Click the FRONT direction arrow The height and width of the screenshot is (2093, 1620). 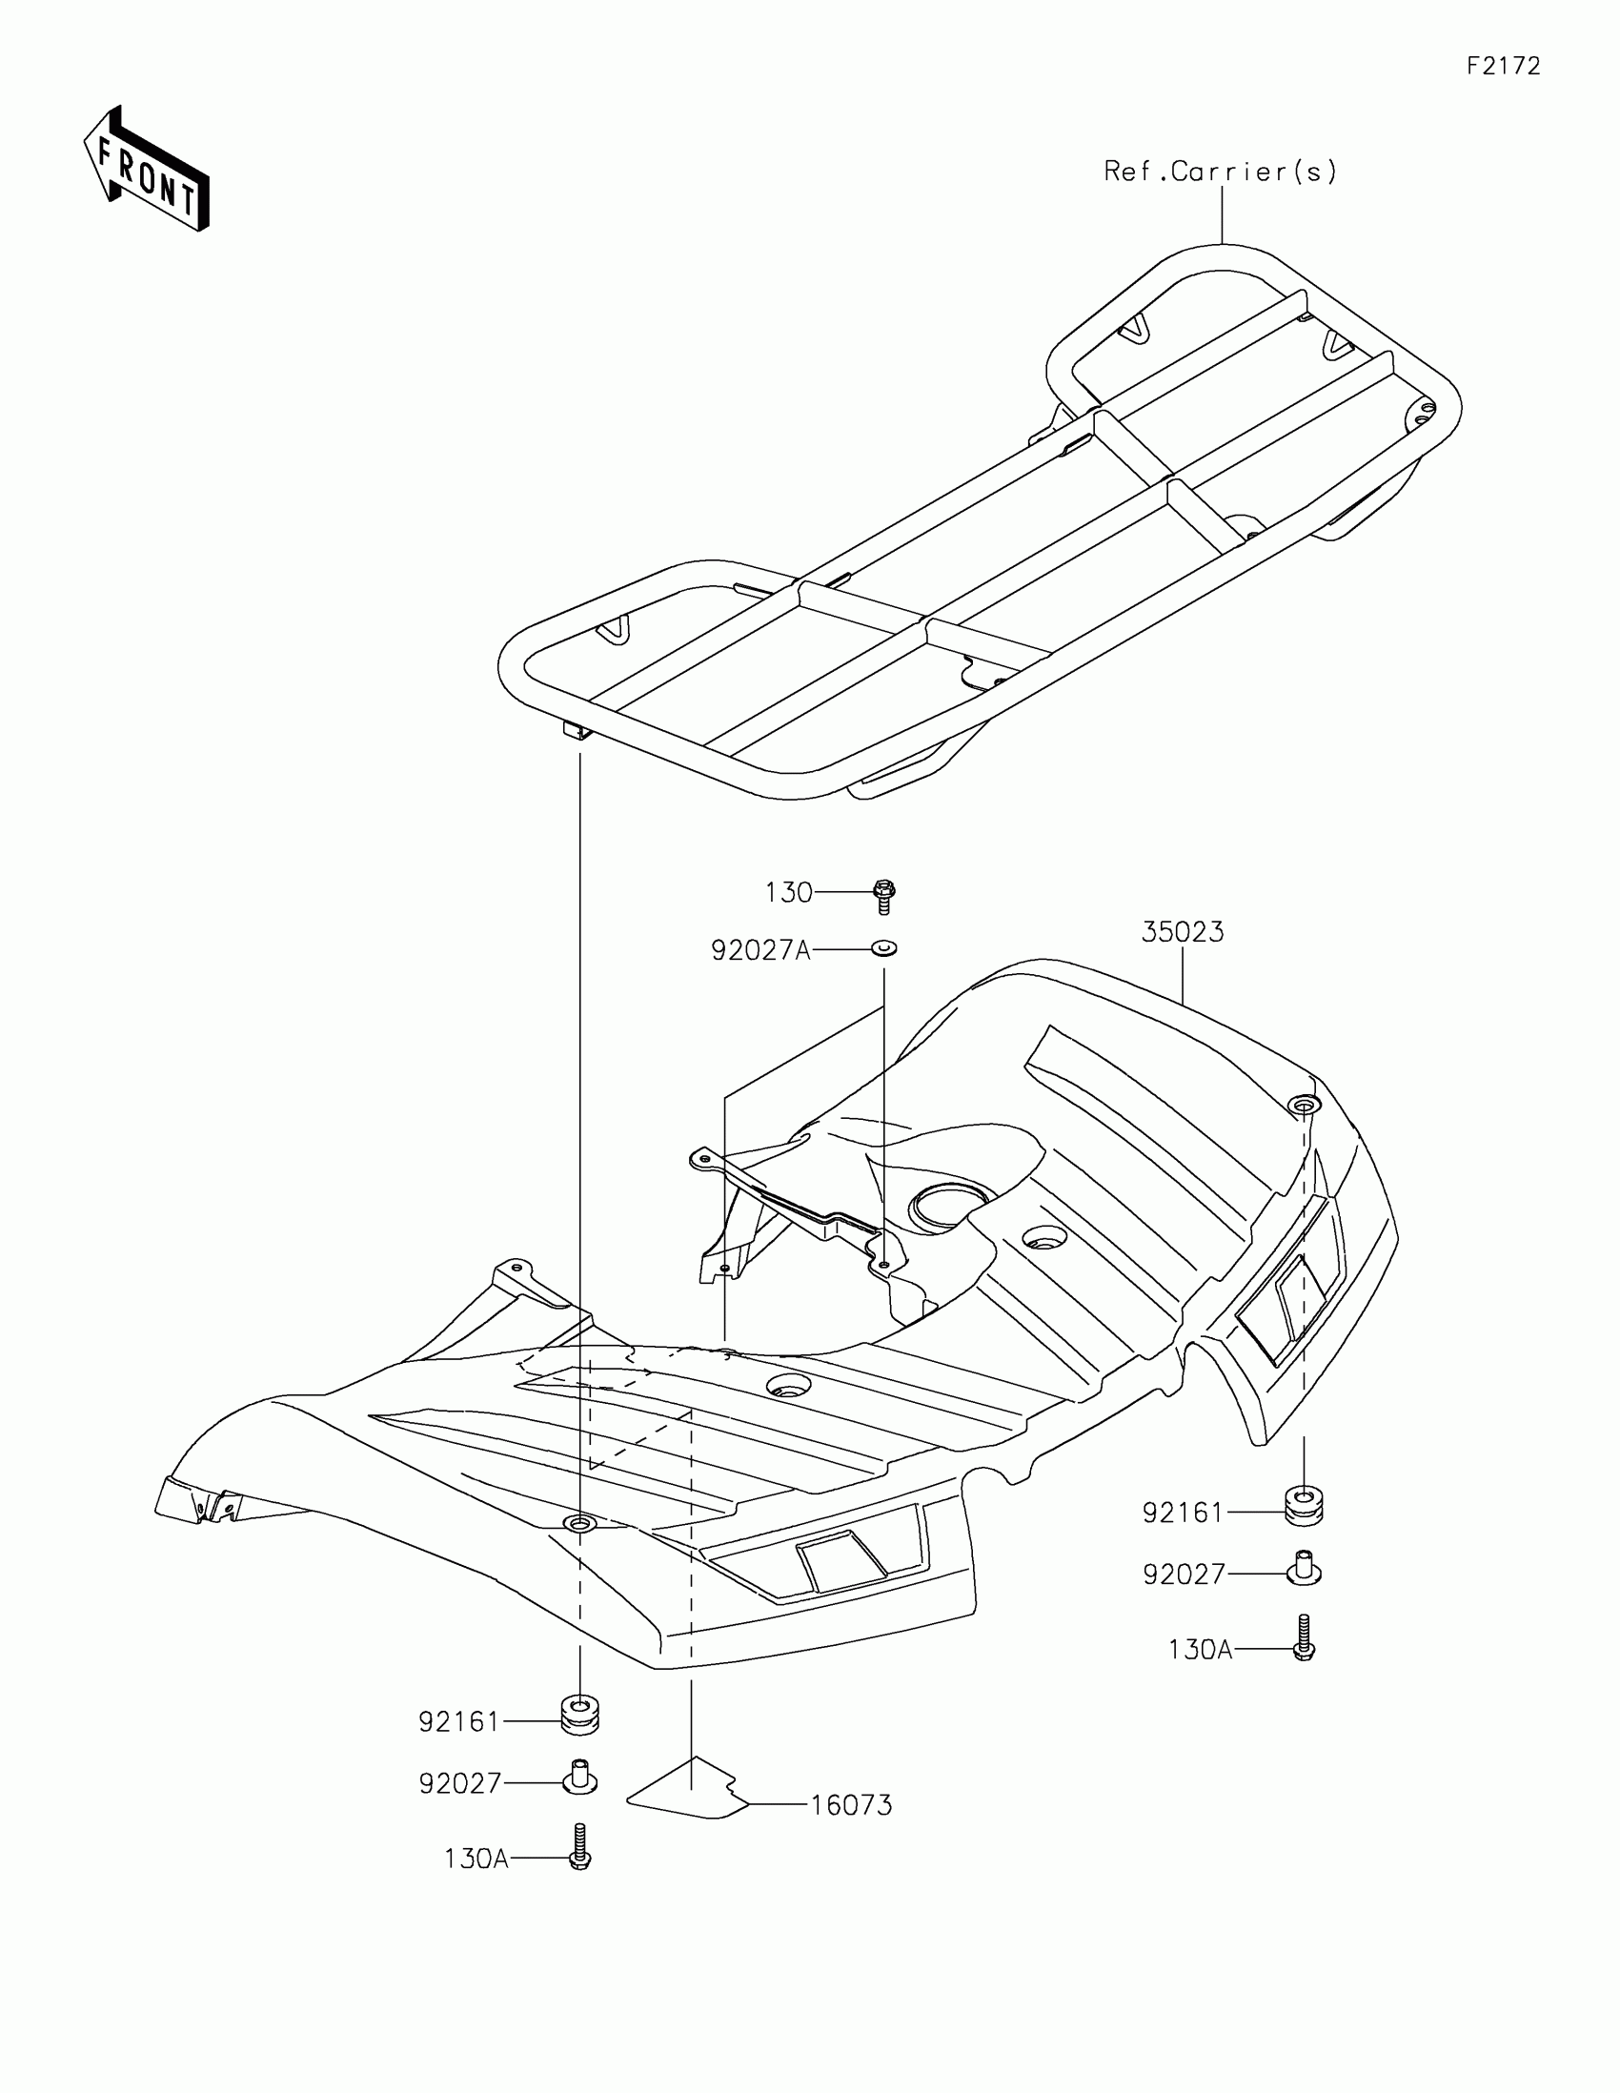point(147,170)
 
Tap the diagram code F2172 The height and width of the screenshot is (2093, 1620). point(1503,66)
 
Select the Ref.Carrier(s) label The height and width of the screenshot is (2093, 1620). point(1220,172)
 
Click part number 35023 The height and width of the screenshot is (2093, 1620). point(1183,931)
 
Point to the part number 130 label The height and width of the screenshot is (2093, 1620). point(788,892)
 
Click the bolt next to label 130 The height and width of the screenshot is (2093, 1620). point(884,897)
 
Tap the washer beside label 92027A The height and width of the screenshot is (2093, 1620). point(883,948)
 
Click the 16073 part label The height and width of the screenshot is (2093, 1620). point(851,1805)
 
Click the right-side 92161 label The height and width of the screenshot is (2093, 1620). point(1184,1513)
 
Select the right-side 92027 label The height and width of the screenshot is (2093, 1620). point(1185,1575)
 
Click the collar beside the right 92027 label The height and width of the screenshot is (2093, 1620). point(1303,1568)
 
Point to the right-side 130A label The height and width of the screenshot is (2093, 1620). point(1200,1649)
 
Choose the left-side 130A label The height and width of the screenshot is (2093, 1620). point(476,1859)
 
